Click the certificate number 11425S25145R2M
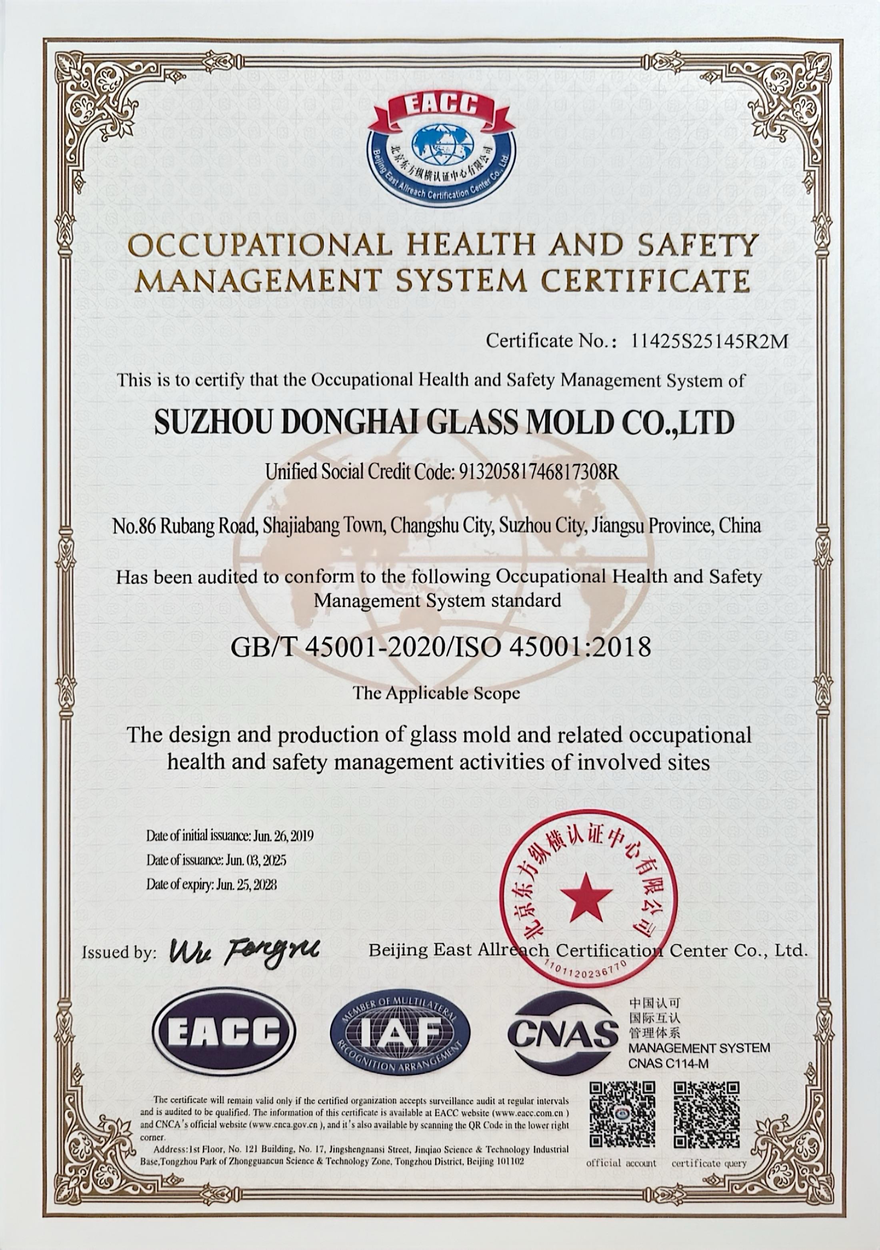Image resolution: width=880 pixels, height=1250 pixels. pyautogui.click(x=708, y=341)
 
